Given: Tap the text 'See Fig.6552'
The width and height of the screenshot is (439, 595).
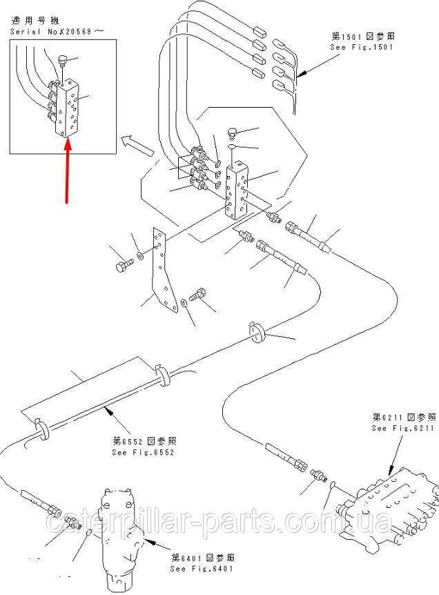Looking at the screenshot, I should (x=142, y=453).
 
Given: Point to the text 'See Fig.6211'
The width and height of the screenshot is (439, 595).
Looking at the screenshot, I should (x=404, y=428).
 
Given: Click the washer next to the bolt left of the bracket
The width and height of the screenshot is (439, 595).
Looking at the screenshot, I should (x=140, y=257).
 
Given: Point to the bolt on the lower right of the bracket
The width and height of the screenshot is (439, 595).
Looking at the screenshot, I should (x=200, y=295).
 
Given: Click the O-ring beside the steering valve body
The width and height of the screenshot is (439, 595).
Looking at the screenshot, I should (x=87, y=531).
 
